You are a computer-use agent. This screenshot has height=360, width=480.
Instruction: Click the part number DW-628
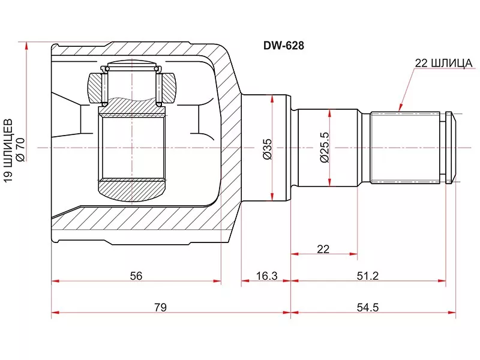pyautogui.click(x=284, y=46)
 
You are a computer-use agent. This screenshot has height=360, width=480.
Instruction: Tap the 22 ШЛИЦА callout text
pyautogui.click(x=443, y=63)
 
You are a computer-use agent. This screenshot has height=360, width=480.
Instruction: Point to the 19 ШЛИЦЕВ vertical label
pyautogui.click(x=8, y=151)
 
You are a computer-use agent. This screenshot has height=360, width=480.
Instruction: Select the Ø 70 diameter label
pyautogui.click(x=21, y=149)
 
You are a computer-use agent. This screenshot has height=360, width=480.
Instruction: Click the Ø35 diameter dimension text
pyautogui.click(x=267, y=149)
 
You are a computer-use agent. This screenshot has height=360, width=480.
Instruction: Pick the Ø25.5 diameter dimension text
pyautogui.click(x=324, y=147)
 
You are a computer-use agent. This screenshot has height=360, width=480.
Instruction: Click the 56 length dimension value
pyautogui.click(x=136, y=276)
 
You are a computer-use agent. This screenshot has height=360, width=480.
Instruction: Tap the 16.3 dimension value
pyautogui.click(x=266, y=276)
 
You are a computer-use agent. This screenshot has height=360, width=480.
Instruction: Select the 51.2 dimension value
pyautogui.click(x=367, y=276)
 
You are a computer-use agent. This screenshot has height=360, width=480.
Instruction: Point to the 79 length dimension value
pyautogui.click(x=160, y=307)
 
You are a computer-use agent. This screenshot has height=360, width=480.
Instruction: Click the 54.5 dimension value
pyautogui.click(x=367, y=307)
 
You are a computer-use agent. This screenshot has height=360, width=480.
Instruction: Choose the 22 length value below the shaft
pyautogui.click(x=323, y=249)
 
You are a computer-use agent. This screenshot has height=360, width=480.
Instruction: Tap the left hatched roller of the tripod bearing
pyautogui.click(x=95, y=88)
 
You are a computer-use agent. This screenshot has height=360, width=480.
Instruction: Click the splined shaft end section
pyautogui.click(x=406, y=148)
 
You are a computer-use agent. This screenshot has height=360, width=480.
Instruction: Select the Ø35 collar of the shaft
pyautogui.click(x=266, y=148)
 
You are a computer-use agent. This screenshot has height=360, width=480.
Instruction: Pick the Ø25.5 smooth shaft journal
pyautogui.click(x=328, y=148)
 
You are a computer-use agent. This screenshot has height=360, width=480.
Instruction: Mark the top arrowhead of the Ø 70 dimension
pyautogui.click(x=26, y=46)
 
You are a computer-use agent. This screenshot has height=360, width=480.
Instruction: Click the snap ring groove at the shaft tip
pyautogui.click(x=443, y=148)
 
